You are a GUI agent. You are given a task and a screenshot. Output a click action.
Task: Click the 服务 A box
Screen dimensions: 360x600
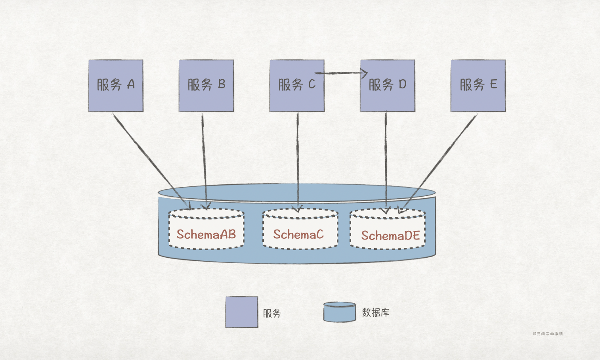click(115, 86)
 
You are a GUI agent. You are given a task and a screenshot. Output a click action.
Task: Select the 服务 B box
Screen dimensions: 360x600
click(206, 86)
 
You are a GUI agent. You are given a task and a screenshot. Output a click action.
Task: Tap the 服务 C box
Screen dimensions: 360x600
click(297, 86)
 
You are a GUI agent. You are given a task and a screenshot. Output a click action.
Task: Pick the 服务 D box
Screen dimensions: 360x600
click(387, 86)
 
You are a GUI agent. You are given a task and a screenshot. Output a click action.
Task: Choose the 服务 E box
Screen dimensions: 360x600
click(478, 86)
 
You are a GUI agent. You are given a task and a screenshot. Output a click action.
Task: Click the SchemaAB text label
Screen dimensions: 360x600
click(206, 234)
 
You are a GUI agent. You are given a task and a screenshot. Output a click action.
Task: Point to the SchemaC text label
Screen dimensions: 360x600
click(298, 234)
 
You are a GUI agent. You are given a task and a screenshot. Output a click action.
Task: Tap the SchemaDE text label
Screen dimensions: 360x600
click(390, 236)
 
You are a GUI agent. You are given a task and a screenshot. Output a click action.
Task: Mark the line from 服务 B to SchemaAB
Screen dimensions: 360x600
click(204, 159)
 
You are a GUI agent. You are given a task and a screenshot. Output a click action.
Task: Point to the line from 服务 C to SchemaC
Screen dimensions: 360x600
click(298, 159)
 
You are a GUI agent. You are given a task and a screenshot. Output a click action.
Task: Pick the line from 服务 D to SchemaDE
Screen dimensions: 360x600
click(386, 159)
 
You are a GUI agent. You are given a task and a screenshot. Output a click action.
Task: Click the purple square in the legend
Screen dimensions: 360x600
click(241, 312)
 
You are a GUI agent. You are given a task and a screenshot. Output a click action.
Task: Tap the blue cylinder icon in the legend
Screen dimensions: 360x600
click(339, 312)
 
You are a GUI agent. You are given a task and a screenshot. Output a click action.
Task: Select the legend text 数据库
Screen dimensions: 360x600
click(375, 312)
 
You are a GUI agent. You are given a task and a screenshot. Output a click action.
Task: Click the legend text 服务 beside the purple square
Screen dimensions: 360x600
click(272, 313)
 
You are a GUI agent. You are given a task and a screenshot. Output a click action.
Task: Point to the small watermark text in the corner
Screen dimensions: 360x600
click(548, 334)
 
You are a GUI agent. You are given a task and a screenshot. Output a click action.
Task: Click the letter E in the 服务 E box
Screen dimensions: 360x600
click(493, 84)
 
